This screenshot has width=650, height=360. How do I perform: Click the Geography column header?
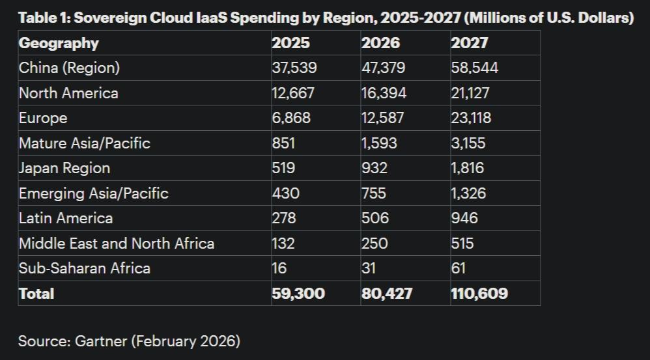[x=59, y=44]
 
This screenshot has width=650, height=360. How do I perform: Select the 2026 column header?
[x=381, y=44]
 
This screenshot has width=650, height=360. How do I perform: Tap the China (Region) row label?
[x=69, y=68]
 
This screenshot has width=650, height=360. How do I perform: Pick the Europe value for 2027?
[x=471, y=118]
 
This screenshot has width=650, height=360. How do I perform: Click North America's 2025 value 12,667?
[x=293, y=93]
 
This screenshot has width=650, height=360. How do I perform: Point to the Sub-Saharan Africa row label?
[x=85, y=268]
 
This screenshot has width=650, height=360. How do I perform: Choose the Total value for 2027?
[x=479, y=294]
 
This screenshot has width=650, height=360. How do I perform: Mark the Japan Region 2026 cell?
[x=374, y=168]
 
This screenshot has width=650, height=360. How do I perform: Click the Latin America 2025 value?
[x=284, y=218]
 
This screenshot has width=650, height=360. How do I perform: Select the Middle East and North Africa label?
[x=117, y=243]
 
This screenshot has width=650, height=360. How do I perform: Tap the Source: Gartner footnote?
[x=129, y=340]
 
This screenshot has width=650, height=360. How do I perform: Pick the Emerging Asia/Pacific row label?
[x=94, y=193]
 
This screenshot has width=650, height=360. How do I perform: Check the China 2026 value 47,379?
[x=382, y=68]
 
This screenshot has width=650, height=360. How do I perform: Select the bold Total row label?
[x=36, y=294]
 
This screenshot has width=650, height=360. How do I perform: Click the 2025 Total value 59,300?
[x=298, y=294]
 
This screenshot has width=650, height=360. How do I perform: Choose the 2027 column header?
[x=470, y=44]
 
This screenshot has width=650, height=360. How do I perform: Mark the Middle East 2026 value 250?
[x=374, y=243]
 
